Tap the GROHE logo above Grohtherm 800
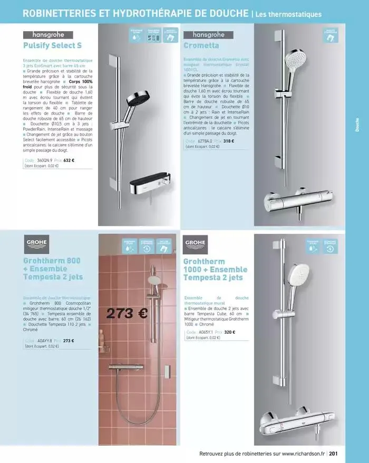pyautogui.click(x=36, y=243)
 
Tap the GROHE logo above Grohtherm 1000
pyautogui.click(x=196, y=243)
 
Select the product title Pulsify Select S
pyautogui.click(x=52, y=45)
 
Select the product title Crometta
pyautogui.click(x=201, y=45)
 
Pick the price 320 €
pyautogui.click(x=229, y=332)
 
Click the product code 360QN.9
pyautogui.click(x=44, y=160)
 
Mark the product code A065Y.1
pyautogui.click(x=205, y=332)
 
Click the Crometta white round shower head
pyautogui.click(x=296, y=60)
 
